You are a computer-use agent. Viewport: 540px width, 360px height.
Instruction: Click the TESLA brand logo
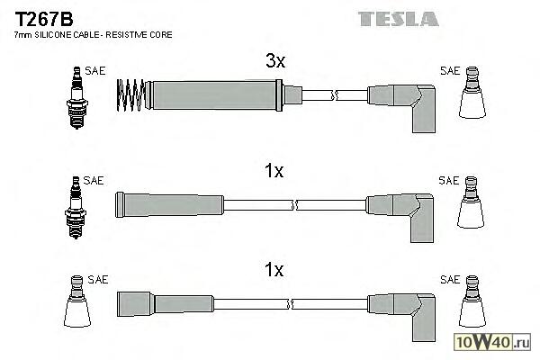pos(398,18)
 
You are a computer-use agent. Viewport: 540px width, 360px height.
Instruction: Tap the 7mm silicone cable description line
pos(94,35)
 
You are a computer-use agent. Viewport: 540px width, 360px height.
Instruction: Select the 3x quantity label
pos(274,61)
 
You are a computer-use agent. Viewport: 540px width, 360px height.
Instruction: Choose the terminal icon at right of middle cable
pos(473,206)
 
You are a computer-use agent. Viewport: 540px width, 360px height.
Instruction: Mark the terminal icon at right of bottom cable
pos(473,307)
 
